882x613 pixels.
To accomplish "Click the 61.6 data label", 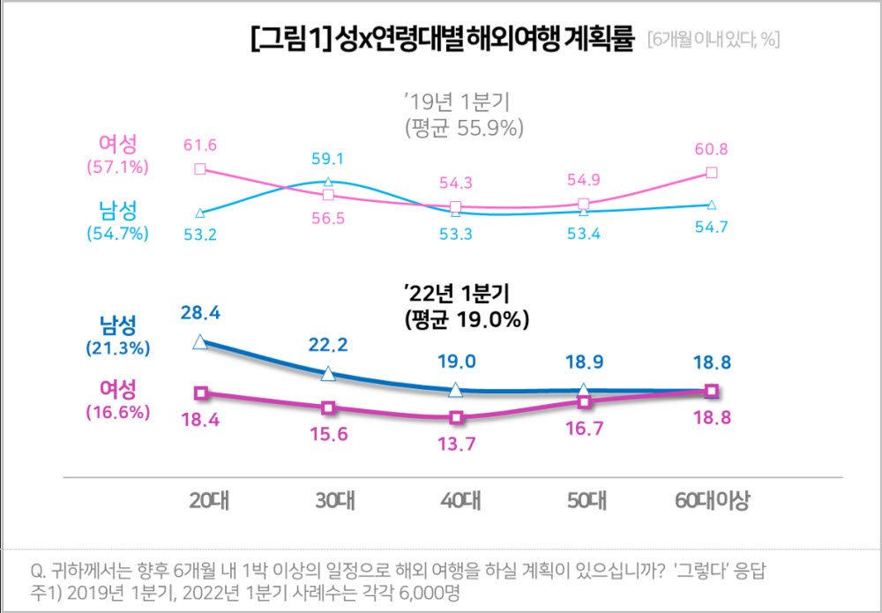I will (x=199, y=146).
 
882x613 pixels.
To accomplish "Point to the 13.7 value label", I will (x=455, y=444).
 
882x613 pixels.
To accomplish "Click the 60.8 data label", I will (x=712, y=148).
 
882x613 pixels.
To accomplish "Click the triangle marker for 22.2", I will (x=328, y=374).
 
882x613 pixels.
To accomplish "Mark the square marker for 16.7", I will (x=584, y=402).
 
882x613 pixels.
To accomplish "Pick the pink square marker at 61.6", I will (x=200, y=168).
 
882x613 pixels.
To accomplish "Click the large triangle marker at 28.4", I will (x=200, y=342).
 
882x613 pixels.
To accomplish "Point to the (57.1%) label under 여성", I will (x=117, y=166).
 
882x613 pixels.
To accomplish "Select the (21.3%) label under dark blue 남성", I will (x=117, y=348).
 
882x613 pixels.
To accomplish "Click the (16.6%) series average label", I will (x=117, y=411).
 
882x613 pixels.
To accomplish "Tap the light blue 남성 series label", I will (x=117, y=211).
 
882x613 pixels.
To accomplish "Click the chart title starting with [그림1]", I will (x=442, y=40).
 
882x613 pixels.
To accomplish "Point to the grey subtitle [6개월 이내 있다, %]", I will (x=713, y=41).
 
